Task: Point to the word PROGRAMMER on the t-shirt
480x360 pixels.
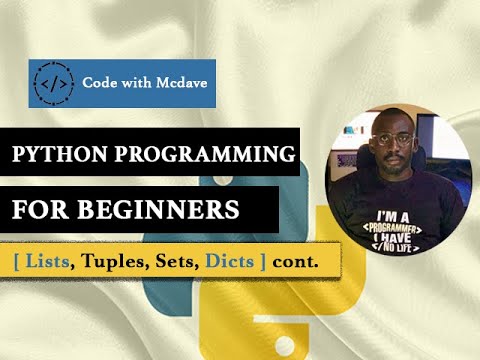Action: point(397,228)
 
